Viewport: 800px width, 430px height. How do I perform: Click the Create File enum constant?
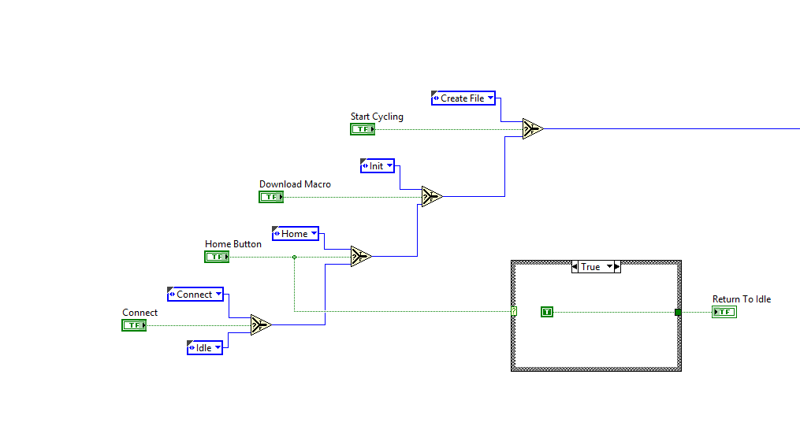click(463, 98)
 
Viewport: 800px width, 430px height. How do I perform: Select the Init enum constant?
click(377, 166)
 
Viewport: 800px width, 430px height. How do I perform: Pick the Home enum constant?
click(295, 234)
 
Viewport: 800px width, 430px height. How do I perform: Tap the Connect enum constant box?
click(195, 295)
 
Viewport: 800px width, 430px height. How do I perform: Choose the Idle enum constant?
click(204, 347)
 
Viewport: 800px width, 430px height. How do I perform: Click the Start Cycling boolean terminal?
click(363, 129)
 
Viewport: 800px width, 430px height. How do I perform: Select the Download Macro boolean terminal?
click(271, 197)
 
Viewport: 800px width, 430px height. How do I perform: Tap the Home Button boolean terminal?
click(217, 257)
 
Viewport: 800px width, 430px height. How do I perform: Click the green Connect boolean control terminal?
click(134, 325)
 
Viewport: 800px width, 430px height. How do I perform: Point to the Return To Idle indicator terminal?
click(724, 312)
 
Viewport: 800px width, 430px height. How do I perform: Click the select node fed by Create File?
click(533, 129)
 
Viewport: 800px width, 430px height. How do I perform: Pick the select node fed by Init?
click(432, 197)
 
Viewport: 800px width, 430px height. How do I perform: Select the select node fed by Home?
click(361, 257)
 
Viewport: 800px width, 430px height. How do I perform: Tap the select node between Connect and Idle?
click(261, 325)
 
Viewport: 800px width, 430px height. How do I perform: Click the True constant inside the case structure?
click(547, 312)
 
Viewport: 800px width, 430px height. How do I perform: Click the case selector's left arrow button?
click(575, 267)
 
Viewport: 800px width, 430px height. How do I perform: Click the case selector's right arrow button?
click(617, 267)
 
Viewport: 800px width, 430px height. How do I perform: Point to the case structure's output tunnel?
click(678, 312)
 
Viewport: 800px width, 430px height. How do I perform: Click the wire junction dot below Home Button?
click(294, 257)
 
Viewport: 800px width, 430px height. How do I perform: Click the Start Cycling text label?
click(377, 117)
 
